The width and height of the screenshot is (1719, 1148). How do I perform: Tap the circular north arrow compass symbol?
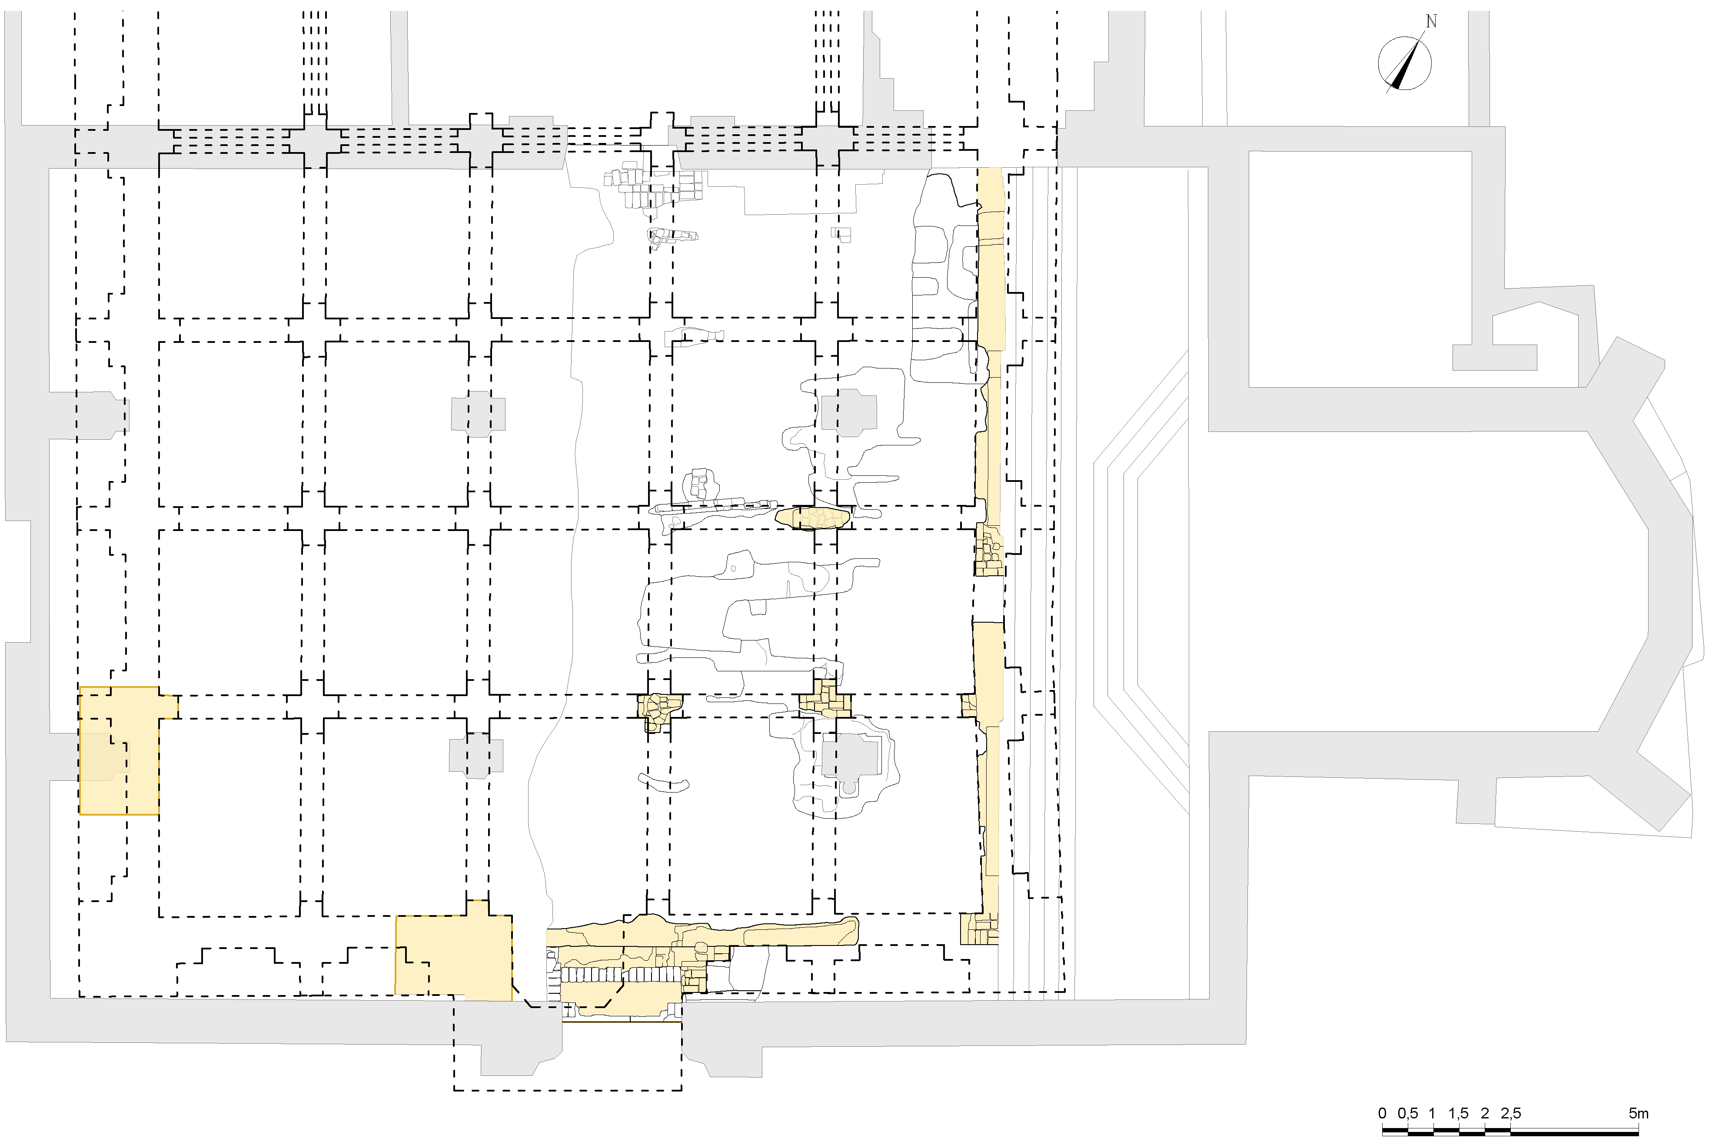(x=1404, y=64)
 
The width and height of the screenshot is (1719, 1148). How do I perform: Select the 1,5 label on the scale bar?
(x=1458, y=1114)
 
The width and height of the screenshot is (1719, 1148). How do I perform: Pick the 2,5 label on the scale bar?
(x=1510, y=1114)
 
